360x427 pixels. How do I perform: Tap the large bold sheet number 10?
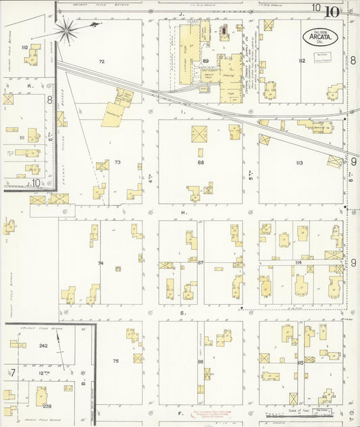pyautogui.click(x=332, y=11)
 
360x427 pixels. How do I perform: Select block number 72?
pyautogui.click(x=101, y=61)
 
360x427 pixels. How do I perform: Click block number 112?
pyautogui.click(x=301, y=61)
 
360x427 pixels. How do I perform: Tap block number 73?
pyautogui.click(x=117, y=162)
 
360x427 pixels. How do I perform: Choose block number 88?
pyautogui.click(x=201, y=162)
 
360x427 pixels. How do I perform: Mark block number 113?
pyautogui.click(x=299, y=162)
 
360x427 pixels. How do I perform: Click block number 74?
pyautogui.click(x=101, y=263)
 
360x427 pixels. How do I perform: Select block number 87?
pyautogui.click(x=201, y=262)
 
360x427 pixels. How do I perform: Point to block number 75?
pyautogui.click(x=115, y=361)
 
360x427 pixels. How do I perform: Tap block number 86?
pyautogui.click(x=200, y=362)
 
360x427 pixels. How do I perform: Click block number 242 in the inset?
pyautogui.click(x=43, y=345)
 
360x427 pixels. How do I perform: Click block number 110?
pyautogui.click(x=24, y=47)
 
